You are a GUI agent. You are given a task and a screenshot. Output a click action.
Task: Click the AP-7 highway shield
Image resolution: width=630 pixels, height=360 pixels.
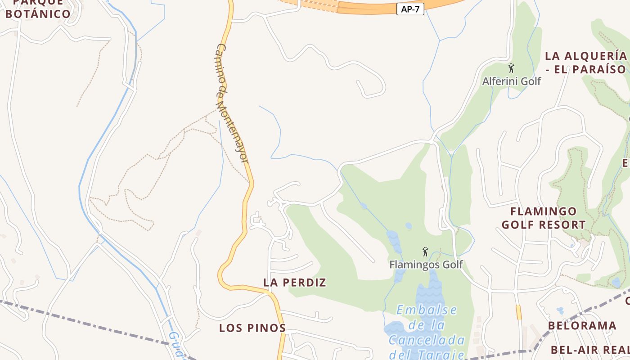(x=410, y=9)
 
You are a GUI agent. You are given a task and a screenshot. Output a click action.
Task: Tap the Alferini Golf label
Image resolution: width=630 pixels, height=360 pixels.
(x=511, y=81)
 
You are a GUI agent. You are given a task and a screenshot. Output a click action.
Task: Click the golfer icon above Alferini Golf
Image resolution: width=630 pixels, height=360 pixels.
(x=511, y=68)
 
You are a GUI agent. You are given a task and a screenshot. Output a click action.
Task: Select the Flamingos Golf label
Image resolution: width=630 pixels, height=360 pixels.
(x=426, y=264)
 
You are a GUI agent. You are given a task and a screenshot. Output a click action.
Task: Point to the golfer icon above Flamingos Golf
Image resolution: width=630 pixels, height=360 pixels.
(x=425, y=252)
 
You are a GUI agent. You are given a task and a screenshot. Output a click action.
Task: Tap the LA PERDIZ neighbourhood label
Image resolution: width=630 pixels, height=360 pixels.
(x=295, y=283)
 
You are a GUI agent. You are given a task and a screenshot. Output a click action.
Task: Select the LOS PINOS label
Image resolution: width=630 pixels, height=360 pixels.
(x=252, y=328)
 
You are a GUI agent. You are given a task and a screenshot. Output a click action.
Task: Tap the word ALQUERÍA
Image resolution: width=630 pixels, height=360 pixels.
(x=593, y=56)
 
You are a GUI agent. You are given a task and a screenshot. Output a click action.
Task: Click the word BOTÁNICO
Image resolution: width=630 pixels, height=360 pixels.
(x=38, y=14)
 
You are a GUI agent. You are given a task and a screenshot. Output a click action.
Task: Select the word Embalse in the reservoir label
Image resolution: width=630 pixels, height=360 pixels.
(x=427, y=310)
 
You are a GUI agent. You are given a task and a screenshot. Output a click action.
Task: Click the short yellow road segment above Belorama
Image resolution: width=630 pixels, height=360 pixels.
(x=519, y=312)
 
